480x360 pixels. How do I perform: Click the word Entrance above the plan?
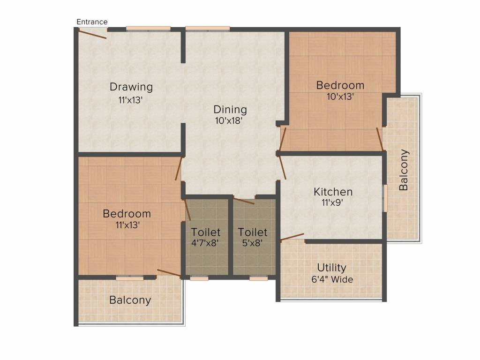tap(92, 22)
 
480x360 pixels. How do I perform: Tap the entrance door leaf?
tap(92, 34)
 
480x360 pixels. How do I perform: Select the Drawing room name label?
tap(131, 87)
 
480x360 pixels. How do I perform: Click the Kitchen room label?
tap(333, 192)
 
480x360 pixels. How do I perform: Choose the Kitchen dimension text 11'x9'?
tap(332, 202)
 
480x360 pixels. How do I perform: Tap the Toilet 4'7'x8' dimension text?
tap(205, 243)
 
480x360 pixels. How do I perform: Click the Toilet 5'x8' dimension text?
tap(252, 243)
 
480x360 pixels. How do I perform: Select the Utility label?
tap(331, 268)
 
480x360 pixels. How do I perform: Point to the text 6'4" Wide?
tap(332, 279)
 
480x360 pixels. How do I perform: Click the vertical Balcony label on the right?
tap(404, 170)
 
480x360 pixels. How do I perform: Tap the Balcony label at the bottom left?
tap(130, 300)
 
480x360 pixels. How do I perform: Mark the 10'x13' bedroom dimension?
tap(340, 97)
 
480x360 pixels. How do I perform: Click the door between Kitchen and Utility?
tap(292, 237)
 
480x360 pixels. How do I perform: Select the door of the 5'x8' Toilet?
tap(244, 201)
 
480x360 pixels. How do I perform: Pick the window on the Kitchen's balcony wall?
tap(385, 198)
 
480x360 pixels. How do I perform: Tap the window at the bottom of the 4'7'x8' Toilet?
tap(199, 278)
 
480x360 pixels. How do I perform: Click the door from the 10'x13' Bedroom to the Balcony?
tap(380, 139)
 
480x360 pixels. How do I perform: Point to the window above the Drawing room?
tap(148, 29)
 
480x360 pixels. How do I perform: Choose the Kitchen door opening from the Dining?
tap(282, 168)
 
